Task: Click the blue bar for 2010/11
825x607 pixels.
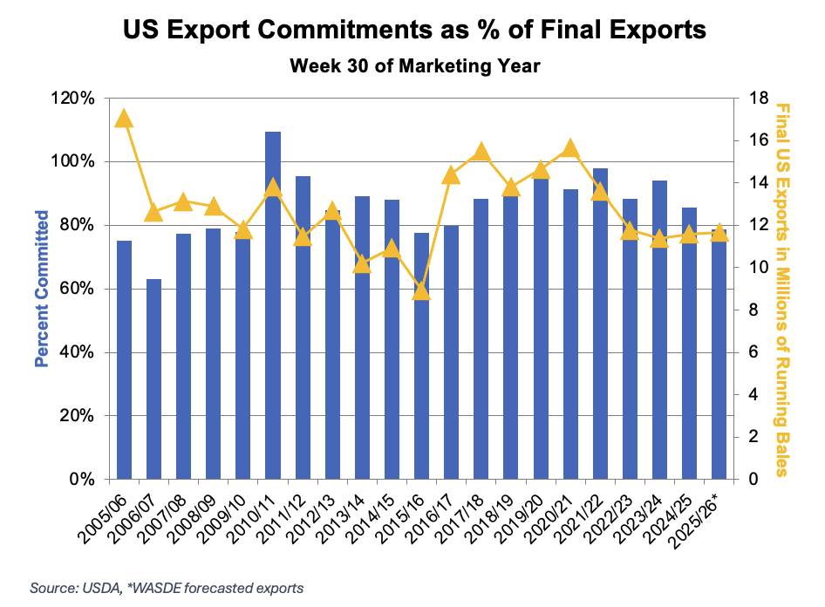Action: click(x=273, y=305)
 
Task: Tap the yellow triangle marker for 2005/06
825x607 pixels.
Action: click(x=124, y=119)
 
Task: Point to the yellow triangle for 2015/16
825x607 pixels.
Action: click(x=421, y=290)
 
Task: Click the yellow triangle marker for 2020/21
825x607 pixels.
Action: click(x=570, y=147)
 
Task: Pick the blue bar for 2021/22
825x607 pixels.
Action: click(x=600, y=324)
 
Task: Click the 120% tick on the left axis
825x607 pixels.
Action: click(x=75, y=99)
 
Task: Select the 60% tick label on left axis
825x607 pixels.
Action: click(x=78, y=290)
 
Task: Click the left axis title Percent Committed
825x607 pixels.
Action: click(x=40, y=288)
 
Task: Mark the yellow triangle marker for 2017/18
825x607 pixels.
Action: click(x=481, y=153)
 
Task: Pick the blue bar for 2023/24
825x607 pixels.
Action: click(x=659, y=330)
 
